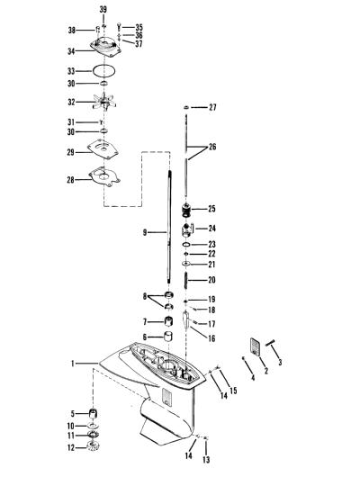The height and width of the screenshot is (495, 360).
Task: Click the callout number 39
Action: [103, 10]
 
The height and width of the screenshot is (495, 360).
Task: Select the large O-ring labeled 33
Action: [103, 65]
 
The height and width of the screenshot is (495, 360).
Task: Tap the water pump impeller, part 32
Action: [104, 102]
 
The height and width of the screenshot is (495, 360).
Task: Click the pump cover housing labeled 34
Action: [105, 48]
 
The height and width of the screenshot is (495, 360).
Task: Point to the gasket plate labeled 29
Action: [103, 149]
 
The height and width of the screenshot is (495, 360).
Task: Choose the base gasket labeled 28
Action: [104, 176]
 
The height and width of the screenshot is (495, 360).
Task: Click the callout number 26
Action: [212, 147]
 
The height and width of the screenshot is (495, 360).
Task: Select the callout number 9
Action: [145, 233]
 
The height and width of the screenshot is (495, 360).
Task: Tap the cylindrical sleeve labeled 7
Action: [169, 321]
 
